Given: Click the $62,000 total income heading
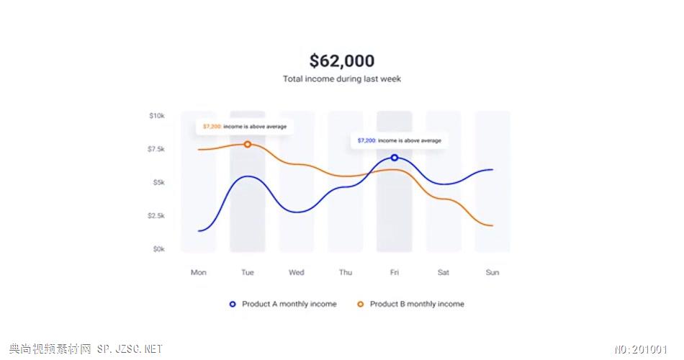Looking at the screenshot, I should click(342, 61).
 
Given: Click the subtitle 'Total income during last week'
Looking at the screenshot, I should click(342, 79).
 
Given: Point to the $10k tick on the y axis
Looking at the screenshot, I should click(157, 115).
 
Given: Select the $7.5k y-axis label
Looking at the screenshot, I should click(156, 149).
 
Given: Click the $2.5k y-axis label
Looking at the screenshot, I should click(156, 216).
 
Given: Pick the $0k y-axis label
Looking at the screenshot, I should click(158, 249).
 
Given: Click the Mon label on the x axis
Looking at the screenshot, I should click(199, 273).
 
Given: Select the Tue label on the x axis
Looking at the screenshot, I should click(248, 273).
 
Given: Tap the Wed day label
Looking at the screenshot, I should click(297, 273).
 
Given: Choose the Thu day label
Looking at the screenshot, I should click(346, 273).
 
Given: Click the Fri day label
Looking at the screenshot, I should click(395, 273).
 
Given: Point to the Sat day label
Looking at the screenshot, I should click(444, 273).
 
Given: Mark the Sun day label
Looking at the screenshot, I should click(492, 273).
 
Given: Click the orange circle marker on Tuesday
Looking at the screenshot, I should click(248, 144).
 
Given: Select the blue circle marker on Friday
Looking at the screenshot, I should click(395, 158).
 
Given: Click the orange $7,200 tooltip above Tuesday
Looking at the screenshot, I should click(245, 127).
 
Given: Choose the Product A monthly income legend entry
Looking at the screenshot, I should click(283, 305).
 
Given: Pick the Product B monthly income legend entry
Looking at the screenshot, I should click(411, 305).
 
